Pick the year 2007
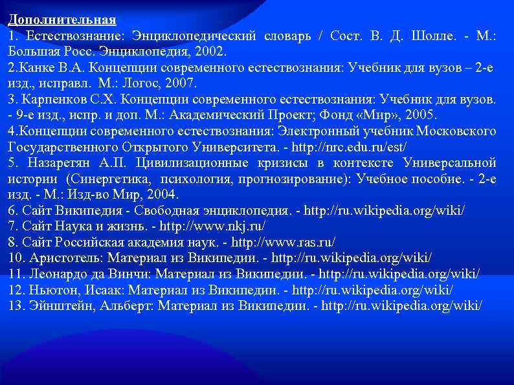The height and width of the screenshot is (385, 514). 181,83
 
